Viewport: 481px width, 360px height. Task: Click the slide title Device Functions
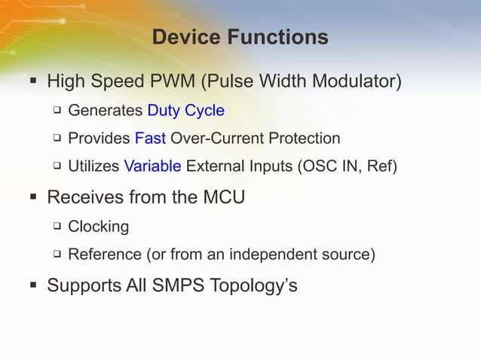[240, 37]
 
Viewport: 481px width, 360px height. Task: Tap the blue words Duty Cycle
[185, 111]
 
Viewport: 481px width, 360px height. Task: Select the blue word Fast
[150, 139]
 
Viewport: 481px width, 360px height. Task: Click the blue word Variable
[152, 166]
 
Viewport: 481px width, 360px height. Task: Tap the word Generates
[106, 111]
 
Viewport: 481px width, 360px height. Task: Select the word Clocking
[99, 226]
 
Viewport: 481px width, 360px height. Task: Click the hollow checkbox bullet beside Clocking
[57, 226]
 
